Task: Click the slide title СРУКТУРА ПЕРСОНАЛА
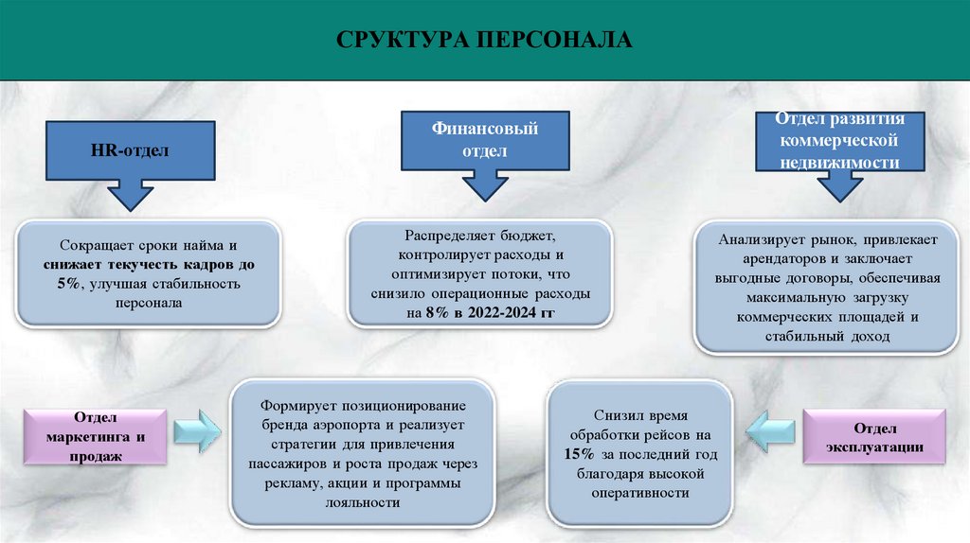[x=483, y=41]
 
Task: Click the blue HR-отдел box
[x=129, y=149]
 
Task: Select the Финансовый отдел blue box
[x=485, y=139]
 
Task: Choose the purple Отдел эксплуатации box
[x=874, y=436]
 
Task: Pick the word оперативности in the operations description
[x=640, y=493]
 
